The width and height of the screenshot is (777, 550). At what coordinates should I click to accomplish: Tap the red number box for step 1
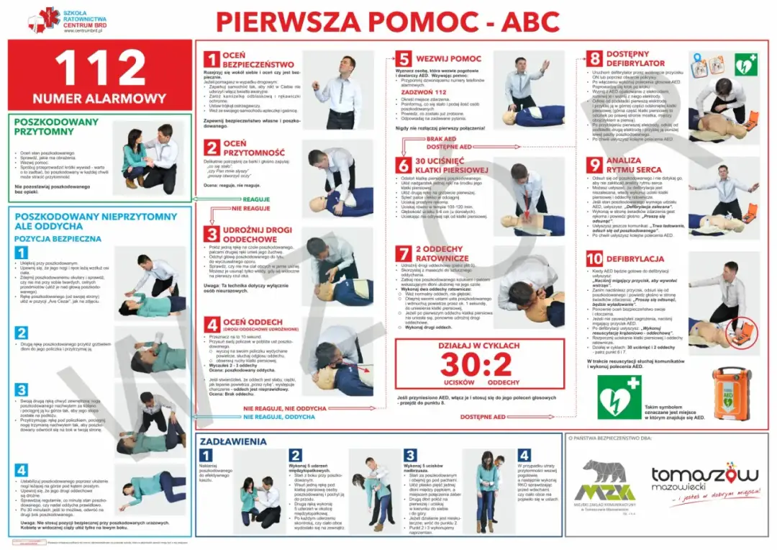(x=211, y=59)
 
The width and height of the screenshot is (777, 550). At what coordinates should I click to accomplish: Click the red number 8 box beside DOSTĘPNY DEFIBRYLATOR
(x=594, y=59)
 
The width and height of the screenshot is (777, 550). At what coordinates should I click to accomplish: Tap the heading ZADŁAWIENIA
(x=234, y=441)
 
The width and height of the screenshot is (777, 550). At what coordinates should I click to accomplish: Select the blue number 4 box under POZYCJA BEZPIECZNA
(x=22, y=470)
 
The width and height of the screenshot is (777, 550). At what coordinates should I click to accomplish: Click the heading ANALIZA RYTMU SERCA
(x=634, y=165)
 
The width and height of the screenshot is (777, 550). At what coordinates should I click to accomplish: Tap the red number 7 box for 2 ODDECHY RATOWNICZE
(x=404, y=253)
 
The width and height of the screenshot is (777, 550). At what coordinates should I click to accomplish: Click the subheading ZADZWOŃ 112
(x=424, y=92)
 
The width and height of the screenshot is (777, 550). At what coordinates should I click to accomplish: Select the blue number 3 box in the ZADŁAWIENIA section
(x=410, y=455)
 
